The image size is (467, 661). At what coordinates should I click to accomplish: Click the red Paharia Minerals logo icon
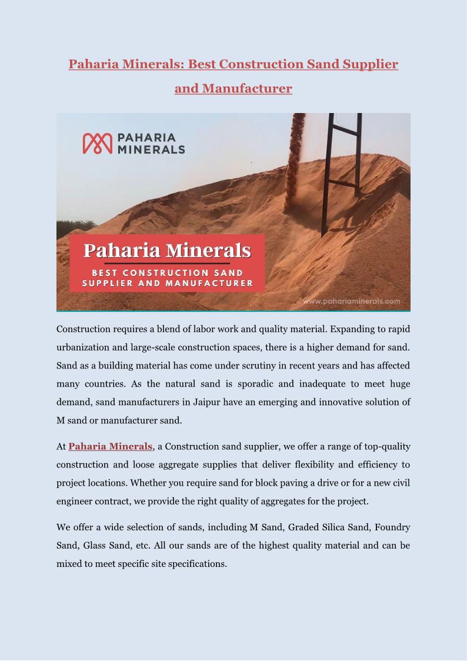coord(97,143)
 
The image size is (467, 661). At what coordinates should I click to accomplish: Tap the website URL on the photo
coord(352,301)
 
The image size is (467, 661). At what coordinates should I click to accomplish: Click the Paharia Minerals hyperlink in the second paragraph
coord(110,447)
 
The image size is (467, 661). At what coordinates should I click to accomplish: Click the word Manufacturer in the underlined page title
coord(247,88)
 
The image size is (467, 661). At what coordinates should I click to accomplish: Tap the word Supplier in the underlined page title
coord(369,64)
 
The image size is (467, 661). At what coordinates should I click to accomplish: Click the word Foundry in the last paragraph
coord(392,527)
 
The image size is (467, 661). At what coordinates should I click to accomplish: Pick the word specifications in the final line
coord(197,563)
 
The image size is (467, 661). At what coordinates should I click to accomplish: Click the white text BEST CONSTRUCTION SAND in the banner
coord(167,273)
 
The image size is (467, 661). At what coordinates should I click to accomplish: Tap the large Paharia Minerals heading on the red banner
coord(167,250)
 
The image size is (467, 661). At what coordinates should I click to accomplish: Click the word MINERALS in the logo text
coord(151,150)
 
